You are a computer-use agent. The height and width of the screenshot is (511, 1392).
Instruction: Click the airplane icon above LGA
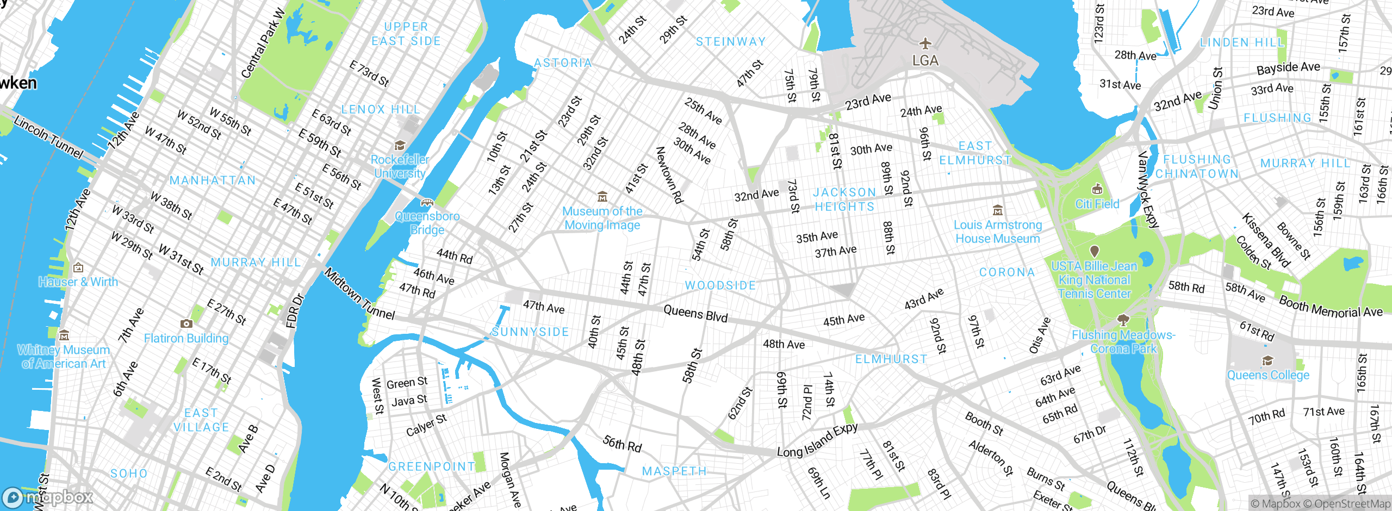(925, 43)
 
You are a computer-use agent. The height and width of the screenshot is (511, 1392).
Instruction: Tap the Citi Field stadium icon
(1097, 189)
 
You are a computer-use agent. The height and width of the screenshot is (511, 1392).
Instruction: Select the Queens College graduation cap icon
(1267, 361)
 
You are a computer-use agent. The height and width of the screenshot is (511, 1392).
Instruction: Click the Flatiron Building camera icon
(186, 323)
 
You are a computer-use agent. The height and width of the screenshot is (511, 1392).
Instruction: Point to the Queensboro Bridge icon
(427, 203)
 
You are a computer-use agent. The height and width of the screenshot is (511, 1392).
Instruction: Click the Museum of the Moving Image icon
(602, 196)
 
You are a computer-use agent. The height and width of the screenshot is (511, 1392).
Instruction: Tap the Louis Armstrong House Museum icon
(997, 210)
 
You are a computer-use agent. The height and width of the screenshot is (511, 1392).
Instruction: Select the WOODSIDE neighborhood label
(720, 285)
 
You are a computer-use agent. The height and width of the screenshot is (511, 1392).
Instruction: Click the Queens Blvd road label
(695, 314)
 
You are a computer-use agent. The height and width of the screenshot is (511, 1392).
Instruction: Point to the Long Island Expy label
(817, 441)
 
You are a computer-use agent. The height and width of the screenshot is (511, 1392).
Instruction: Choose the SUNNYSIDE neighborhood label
(530, 332)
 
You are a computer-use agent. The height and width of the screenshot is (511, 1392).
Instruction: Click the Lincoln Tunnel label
(48, 137)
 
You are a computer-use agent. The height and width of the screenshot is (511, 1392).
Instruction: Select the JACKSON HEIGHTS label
(844, 200)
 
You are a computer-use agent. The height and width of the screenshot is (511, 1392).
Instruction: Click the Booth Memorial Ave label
(1330, 307)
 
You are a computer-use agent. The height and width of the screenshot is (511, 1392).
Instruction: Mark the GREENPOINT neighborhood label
(431, 466)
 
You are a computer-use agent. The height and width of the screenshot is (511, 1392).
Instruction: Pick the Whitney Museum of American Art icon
(64, 335)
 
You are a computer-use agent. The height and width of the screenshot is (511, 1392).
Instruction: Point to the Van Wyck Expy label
(1148, 189)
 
